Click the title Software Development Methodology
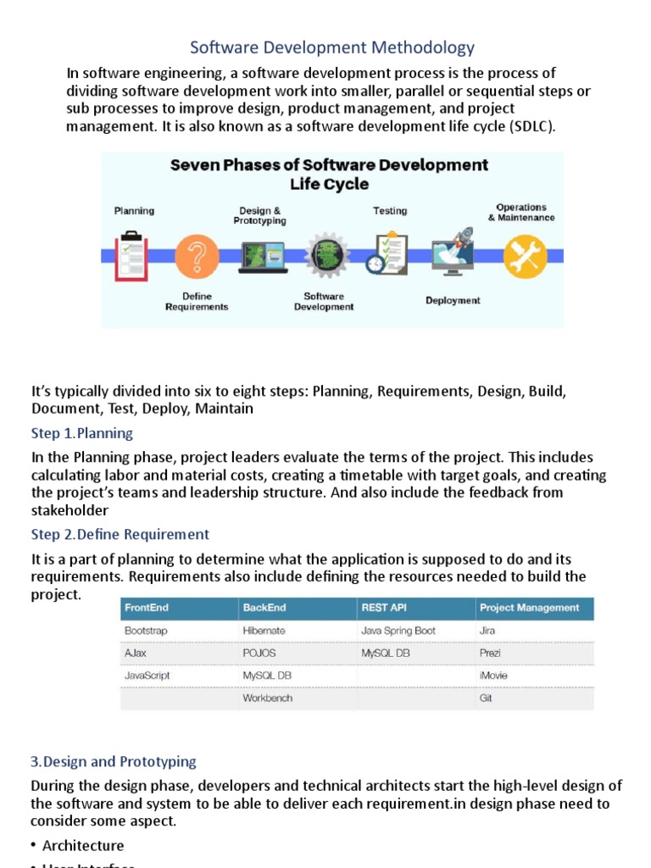[331, 47]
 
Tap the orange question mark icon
[197, 256]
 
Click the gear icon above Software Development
[324, 255]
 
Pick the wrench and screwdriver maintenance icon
[525, 256]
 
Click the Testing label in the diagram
[390, 211]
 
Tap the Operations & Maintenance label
[521, 212]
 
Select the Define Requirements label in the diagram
[197, 302]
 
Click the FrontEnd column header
[147, 608]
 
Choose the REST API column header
[384, 608]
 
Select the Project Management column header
[529, 608]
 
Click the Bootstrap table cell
[147, 632]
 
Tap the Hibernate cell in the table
[264, 632]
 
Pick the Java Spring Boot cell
[398, 632]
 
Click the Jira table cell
[487, 632]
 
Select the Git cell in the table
[486, 698]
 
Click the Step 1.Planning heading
[82, 433]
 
